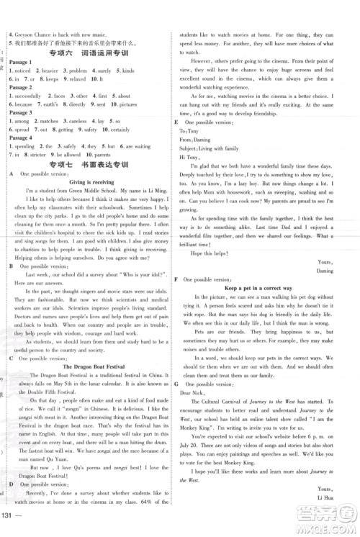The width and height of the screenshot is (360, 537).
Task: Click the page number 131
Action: click(12, 522)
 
